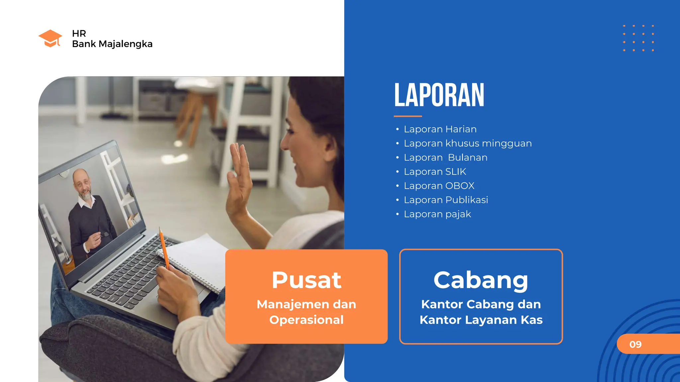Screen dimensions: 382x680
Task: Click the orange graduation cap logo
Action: [50, 38]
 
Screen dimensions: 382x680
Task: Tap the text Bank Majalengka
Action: [112, 44]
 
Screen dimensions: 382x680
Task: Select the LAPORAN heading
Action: [439, 95]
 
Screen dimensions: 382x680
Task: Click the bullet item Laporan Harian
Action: [440, 129]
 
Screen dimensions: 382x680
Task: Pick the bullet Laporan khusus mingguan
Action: [467, 143]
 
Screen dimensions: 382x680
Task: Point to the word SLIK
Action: [456, 171]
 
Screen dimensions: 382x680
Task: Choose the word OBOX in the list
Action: [460, 186]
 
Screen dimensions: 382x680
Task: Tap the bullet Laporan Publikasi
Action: [446, 200]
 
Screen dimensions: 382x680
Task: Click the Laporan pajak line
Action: [437, 214]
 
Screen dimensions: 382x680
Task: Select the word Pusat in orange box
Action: [306, 280]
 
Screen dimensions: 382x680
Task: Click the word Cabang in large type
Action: [481, 280]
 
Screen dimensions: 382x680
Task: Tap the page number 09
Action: [636, 344]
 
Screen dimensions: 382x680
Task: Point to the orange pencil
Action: [164, 247]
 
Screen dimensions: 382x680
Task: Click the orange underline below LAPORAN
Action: [408, 116]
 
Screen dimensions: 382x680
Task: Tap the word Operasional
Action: [306, 320]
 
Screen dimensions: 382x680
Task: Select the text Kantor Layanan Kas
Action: [481, 320]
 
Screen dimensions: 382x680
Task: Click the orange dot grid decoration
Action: [638, 38]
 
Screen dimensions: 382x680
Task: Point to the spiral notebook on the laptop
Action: [196, 262]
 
